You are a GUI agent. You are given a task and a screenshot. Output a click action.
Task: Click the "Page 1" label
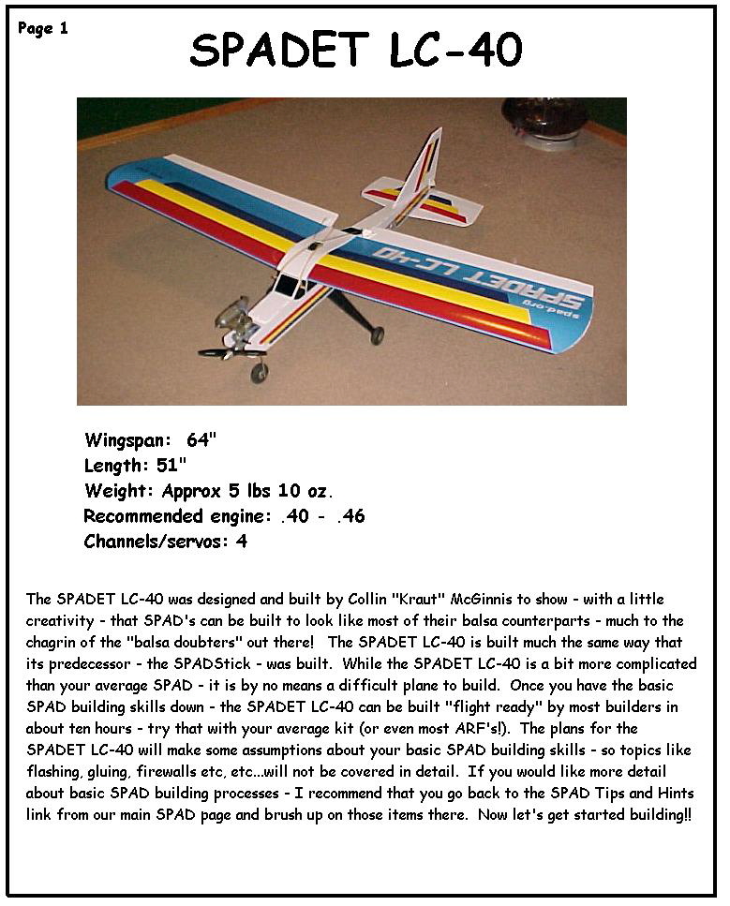[43, 28]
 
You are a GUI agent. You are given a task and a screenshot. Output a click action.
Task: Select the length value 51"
[171, 465]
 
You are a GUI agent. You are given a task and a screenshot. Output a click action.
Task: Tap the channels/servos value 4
[242, 542]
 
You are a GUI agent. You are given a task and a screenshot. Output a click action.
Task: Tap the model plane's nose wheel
[259, 372]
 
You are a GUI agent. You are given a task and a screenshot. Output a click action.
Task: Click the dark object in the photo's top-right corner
[546, 120]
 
